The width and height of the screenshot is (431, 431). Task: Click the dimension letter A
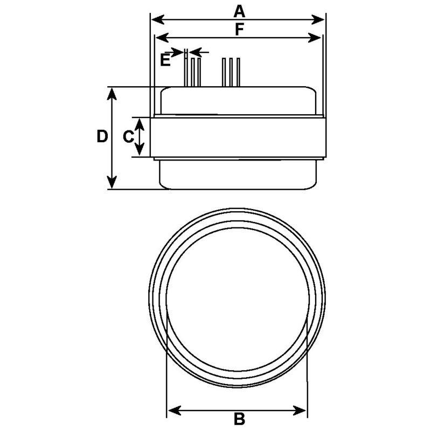pos(239,10)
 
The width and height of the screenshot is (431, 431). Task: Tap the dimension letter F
pos(239,30)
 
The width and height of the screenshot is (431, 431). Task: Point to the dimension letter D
pos(102,137)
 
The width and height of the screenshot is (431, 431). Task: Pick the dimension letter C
pos(128,137)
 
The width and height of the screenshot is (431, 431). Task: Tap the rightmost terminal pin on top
pos(238,72)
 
